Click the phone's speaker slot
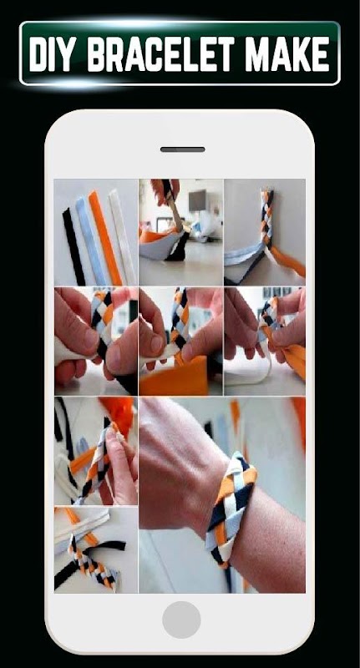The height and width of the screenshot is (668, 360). pos(182,149)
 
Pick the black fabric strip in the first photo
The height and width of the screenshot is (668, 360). pos(74,246)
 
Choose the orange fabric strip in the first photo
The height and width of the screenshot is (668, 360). pos(104,238)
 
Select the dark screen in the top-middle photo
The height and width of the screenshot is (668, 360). pos(197,200)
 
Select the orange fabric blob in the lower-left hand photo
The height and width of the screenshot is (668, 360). pos(117,411)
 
